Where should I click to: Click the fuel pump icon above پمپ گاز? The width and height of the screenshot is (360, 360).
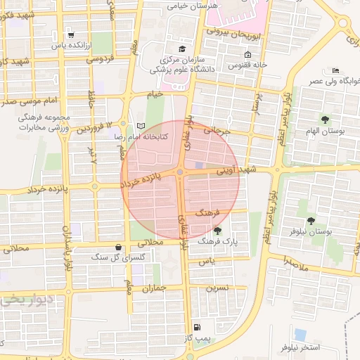195,327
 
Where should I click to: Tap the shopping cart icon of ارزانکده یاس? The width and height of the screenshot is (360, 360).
70,34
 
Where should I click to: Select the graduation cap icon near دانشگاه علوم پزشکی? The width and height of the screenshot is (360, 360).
183,49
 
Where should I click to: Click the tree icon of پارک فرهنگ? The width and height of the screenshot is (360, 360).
217,230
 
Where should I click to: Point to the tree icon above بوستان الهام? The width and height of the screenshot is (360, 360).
324,120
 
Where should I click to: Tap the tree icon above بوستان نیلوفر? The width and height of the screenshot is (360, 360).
311,220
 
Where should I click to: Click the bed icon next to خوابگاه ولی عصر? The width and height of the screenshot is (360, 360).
335,70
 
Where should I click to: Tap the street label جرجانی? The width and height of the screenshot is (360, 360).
217,130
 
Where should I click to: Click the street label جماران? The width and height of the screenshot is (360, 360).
153,288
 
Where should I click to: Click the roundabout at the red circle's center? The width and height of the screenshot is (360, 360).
181,172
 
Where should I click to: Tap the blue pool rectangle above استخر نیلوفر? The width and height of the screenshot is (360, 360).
300,334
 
